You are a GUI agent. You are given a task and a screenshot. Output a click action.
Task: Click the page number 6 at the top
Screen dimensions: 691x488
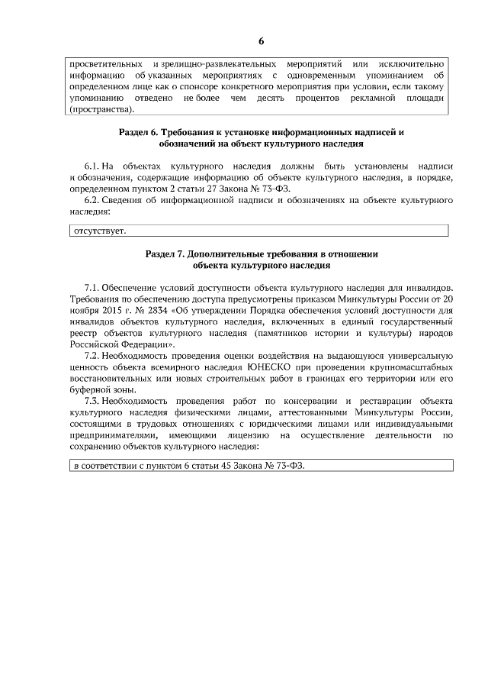pyautogui.click(x=261, y=40)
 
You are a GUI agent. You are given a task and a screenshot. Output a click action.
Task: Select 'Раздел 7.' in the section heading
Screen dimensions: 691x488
pyautogui.click(x=166, y=253)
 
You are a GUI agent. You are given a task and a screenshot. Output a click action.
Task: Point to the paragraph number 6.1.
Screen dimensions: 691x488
pyautogui.click(x=92, y=166)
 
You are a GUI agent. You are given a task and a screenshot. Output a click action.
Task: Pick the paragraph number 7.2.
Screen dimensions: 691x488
pyautogui.click(x=92, y=356)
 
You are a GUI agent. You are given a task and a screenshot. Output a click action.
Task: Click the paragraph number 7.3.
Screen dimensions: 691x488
pyautogui.click(x=92, y=401)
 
